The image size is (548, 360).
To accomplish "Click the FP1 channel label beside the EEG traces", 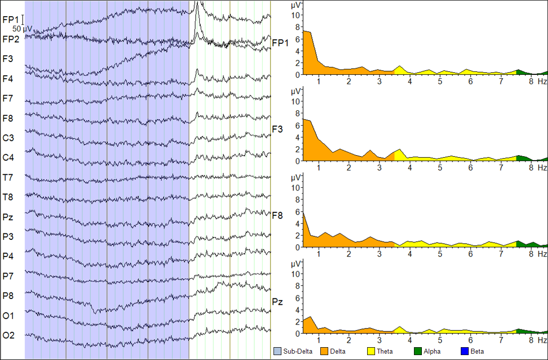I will [x=10, y=19].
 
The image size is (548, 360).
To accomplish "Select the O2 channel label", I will [x=8, y=335].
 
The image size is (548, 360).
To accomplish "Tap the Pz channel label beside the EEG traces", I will [x=8, y=217].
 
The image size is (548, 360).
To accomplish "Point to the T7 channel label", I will [x=8, y=177].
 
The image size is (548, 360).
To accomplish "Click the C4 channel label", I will [x=8, y=158].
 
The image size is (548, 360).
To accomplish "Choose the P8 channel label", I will [x=8, y=295].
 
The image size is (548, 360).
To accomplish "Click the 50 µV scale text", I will [x=22, y=29].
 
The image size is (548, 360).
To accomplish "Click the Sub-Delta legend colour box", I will [x=277, y=352].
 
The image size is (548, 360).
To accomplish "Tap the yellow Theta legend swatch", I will [x=371, y=352].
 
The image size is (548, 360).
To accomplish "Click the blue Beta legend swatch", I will [x=464, y=352].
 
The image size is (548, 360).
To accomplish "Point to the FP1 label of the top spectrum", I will [x=280, y=43].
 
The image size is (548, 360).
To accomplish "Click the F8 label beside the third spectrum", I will [x=277, y=215].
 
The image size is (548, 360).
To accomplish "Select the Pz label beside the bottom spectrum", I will [x=277, y=301].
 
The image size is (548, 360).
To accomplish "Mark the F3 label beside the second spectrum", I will [x=277, y=130].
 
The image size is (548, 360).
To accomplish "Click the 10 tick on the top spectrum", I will [x=296, y=15].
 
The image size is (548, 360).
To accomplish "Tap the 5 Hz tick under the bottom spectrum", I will [x=440, y=339].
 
